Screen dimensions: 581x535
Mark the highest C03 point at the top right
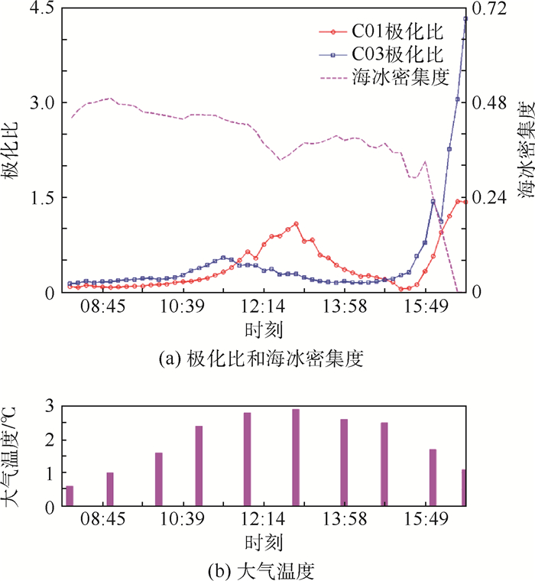[465, 18]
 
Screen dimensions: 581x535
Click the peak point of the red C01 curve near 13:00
[296, 224]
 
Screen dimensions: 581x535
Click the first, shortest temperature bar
[70, 495]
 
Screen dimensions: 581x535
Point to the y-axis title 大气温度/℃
[13, 456]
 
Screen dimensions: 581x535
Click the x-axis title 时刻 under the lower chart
[264, 543]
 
